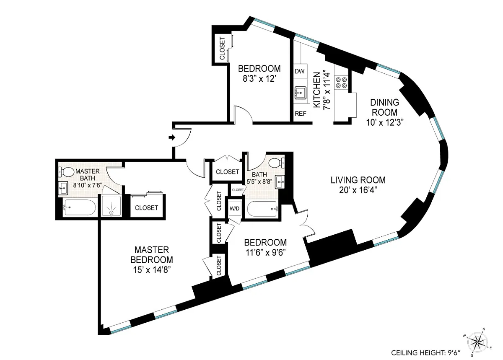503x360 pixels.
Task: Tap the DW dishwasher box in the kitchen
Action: click(x=299, y=71)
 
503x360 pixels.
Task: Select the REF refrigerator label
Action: click(x=300, y=114)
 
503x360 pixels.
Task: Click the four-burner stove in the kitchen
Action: click(x=342, y=82)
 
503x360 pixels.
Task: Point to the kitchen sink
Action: click(x=300, y=92)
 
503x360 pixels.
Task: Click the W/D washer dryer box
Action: click(x=234, y=208)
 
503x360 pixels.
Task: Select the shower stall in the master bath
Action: click(x=111, y=206)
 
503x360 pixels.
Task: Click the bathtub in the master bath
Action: click(x=80, y=207)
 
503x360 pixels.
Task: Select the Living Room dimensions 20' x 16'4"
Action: click(x=358, y=190)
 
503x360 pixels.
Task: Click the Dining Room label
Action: click(x=384, y=107)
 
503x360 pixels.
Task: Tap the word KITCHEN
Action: click(x=317, y=89)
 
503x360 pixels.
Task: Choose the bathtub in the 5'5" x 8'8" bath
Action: click(x=262, y=208)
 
